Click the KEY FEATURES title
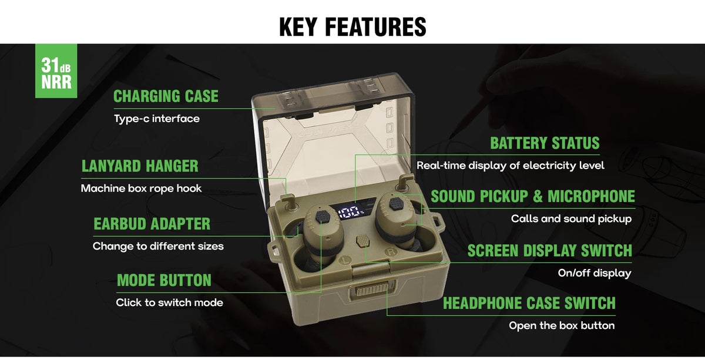[352, 27]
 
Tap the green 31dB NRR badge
[56, 71]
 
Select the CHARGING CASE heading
[166, 96]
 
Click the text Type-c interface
[157, 119]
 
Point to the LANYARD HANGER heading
[140, 166]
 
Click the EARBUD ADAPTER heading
[152, 224]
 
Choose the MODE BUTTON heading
[164, 280]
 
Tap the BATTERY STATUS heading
[545, 143]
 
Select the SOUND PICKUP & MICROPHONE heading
[533, 196]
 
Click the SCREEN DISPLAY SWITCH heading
[549, 251]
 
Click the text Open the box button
[562, 326]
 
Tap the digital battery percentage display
[351, 212]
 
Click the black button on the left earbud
[323, 217]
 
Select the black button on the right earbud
[397, 204]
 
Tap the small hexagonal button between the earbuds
[362, 241]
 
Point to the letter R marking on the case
[391, 252]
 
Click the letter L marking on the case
[346, 260]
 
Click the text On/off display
[595, 273]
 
